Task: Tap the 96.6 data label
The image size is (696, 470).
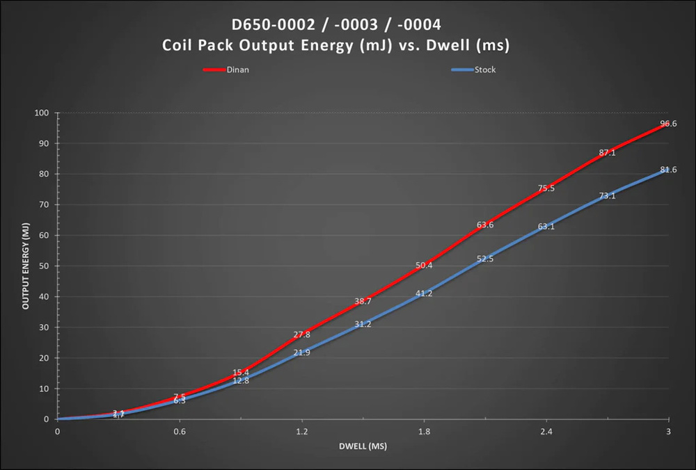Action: pos(668,124)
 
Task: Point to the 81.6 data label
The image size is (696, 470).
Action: pos(668,170)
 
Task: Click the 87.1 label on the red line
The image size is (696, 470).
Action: pos(607,153)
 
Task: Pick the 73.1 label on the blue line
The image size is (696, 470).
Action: pos(607,196)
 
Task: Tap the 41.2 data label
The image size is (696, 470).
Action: pos(424,293)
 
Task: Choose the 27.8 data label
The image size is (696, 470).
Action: pos(301,334)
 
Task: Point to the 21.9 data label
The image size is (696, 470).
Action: pos(301,353)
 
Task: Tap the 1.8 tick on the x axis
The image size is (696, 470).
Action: pos(424,432)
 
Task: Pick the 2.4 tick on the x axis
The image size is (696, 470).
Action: pos(546,432)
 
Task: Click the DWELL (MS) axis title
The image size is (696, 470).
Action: pos(363,446)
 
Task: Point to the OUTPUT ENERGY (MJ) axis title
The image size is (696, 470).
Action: pos(25,266)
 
